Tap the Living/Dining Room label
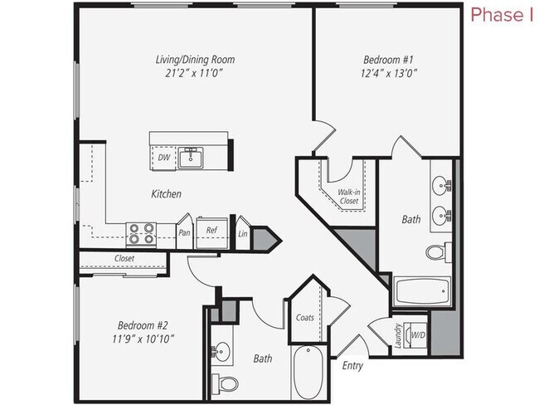pos(196,59)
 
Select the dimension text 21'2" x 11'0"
pos(196,73)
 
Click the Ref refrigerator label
pos(211,232)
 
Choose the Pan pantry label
pos(186,232)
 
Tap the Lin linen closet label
pos(242,233)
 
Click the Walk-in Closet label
pos(347,196)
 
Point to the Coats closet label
pos(304,316)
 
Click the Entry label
pos(352,364)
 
